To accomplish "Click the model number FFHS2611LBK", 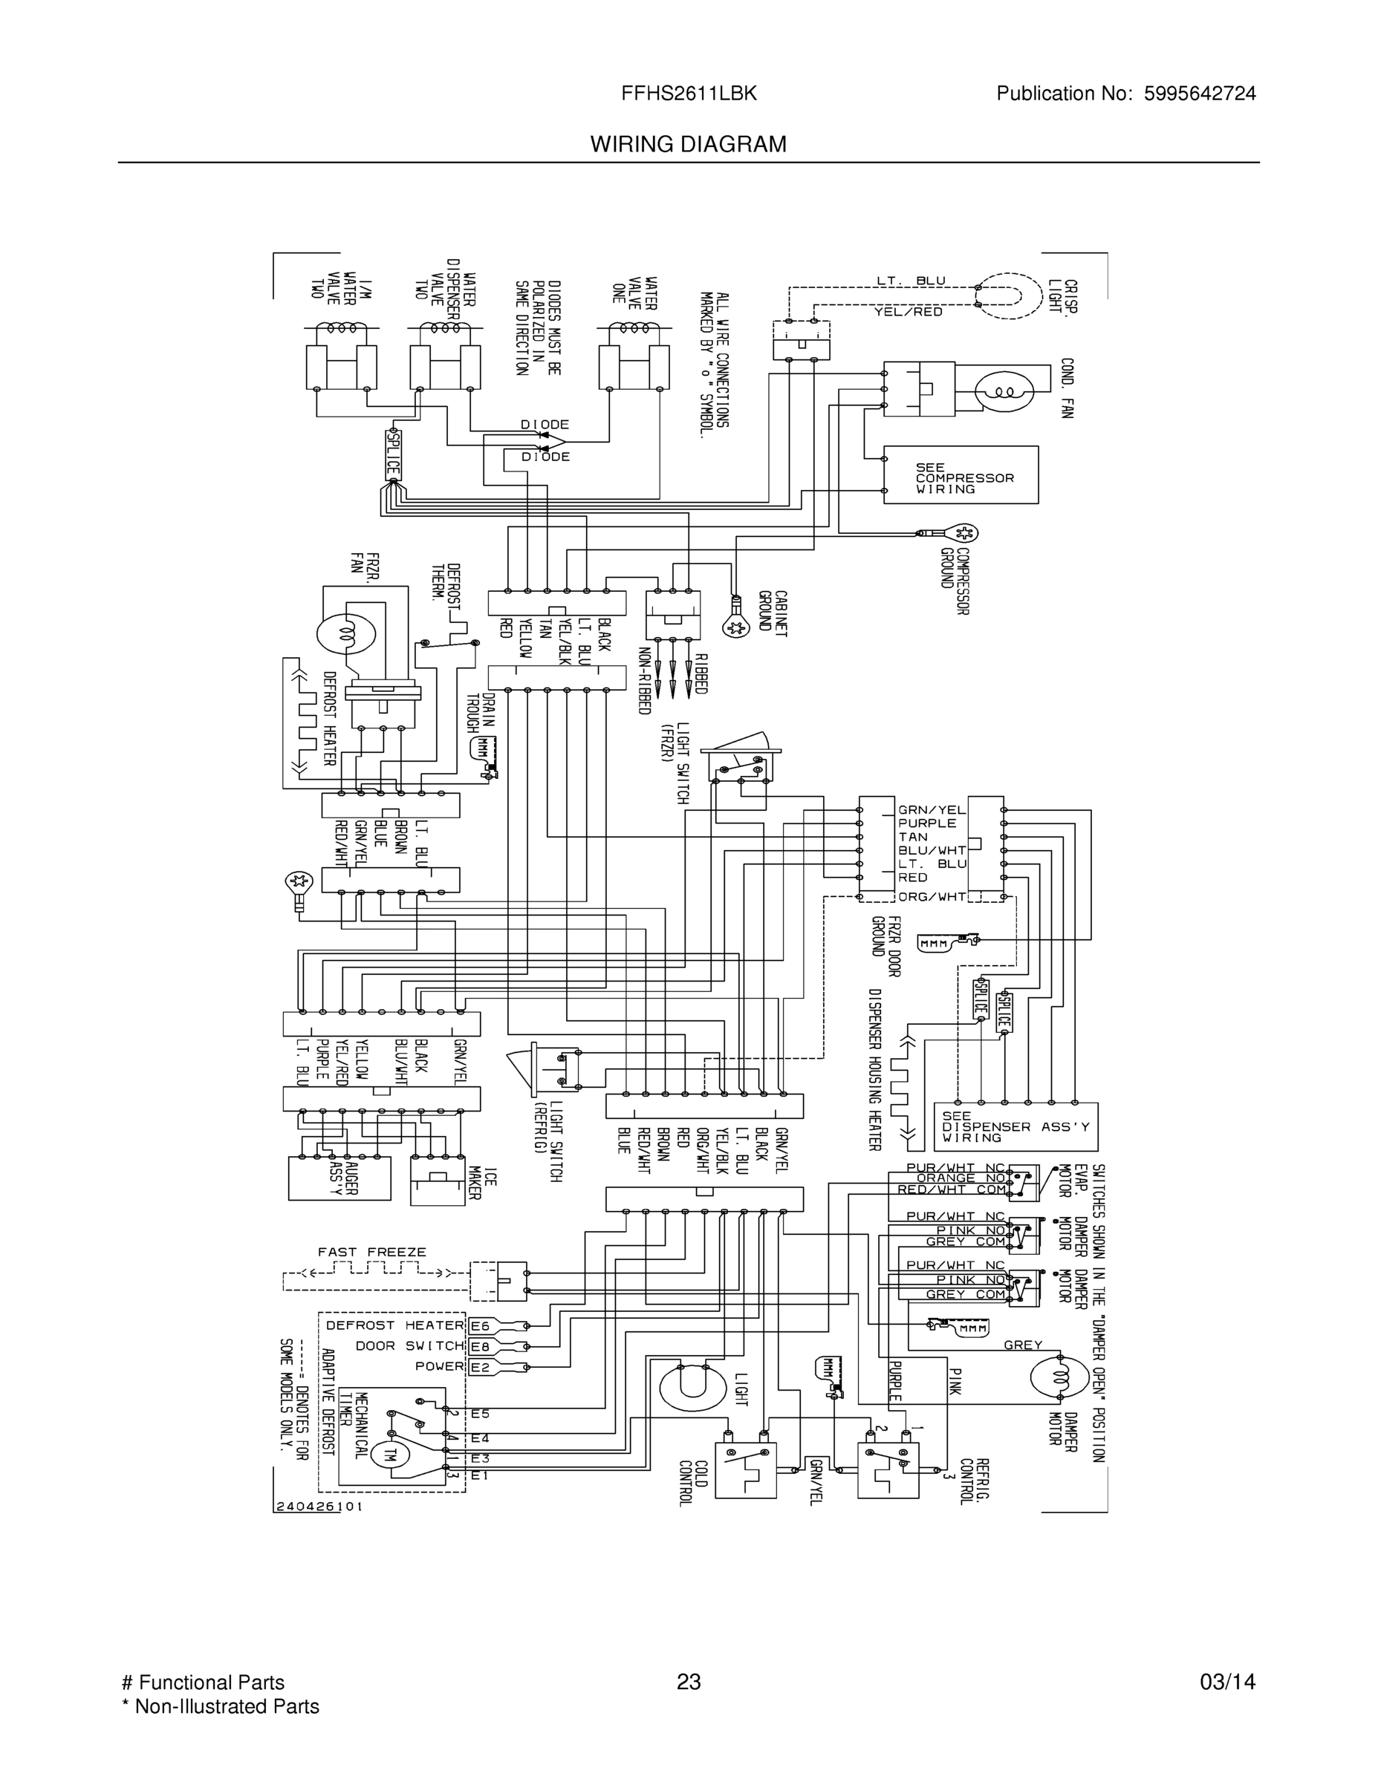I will click(688, 94).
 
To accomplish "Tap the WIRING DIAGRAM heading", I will click(688, 145).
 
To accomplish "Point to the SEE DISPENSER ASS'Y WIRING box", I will click(1015, 1127).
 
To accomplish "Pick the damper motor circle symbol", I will click(1059, 1377).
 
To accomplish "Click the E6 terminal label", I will click(480, 1326).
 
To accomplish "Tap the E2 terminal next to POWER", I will click(480, 1367).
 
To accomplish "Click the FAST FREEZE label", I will click(371, 1252).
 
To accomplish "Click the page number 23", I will click(688, 1683).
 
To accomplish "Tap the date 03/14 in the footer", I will click(1227, 1683).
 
